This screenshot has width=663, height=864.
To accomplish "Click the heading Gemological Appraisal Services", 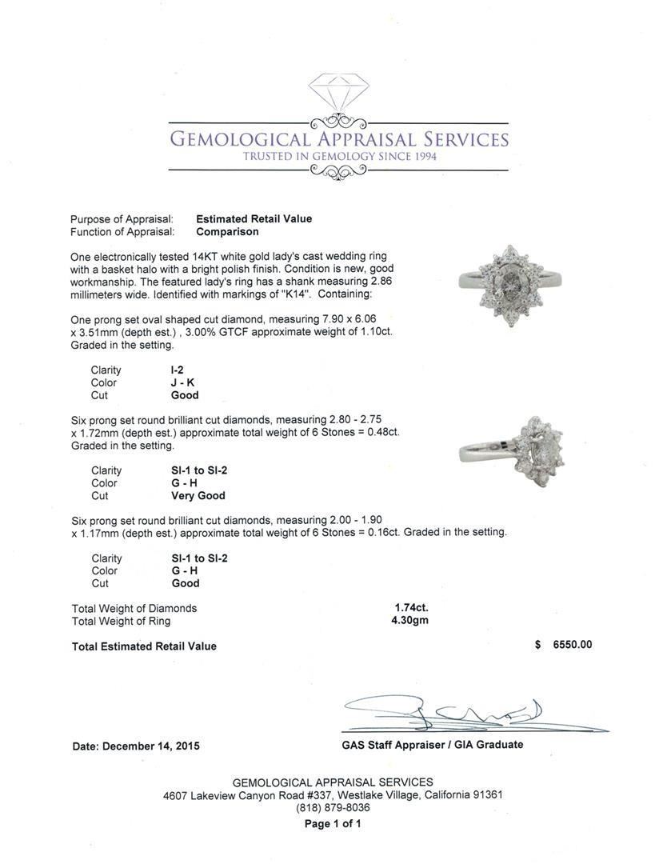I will [339, 139].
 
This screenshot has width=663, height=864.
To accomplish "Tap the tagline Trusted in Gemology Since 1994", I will [340, 156].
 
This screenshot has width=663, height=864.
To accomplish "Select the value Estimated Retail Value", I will [254, 218].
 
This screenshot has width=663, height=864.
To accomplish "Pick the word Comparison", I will [227, 231].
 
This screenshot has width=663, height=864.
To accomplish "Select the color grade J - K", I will [182, 382].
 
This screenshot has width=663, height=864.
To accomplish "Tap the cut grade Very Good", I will [198, 495].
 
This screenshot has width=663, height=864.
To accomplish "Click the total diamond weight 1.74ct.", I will [411, 608].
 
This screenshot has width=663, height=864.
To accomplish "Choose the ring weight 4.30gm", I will [411, 620].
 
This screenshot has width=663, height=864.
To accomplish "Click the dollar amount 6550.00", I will [572, 645].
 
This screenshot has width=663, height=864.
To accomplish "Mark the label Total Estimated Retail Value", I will [144, 646].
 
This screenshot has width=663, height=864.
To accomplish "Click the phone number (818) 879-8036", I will [333, 808].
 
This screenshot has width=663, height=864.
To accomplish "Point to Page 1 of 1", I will [333, 823].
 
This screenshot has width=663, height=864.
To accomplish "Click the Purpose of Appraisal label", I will [122, 218].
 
